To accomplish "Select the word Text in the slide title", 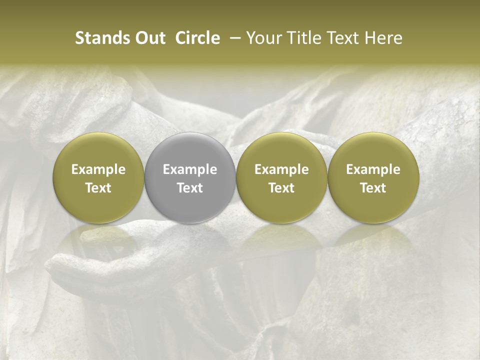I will click(x=340, y=38).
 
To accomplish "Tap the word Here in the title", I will click(x=382, y=38).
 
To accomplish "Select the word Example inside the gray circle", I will click(x=190, y=169).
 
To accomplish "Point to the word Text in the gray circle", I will click(x=190, y=188).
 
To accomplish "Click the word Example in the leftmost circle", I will click(x=98, y=169).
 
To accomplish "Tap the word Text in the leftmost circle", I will click(x=98, y=188).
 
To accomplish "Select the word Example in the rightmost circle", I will click(x=373, y=169).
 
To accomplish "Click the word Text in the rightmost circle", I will click(x=373, y=188).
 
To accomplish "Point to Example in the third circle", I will click(x=281, y=169).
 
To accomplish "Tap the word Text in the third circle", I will click(x=281, y=188).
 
